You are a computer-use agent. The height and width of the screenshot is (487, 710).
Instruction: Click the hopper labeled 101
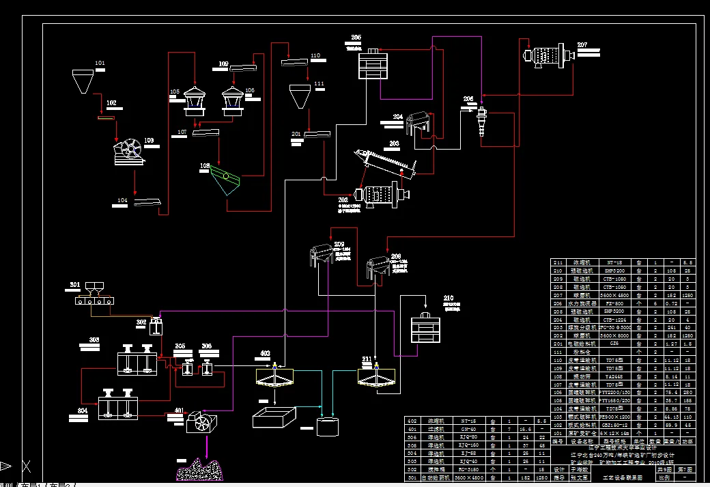click(84, 81)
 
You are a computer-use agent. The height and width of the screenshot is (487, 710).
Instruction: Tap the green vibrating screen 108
click(226, 180)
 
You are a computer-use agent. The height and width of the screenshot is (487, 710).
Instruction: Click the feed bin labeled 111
click(298, 96)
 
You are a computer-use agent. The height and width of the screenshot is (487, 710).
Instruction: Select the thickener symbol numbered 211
click(375, 376)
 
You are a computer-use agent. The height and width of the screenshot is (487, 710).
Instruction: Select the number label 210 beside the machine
click(449, 298)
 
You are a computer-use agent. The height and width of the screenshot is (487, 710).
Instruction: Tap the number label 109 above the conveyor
click(223, 64)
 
